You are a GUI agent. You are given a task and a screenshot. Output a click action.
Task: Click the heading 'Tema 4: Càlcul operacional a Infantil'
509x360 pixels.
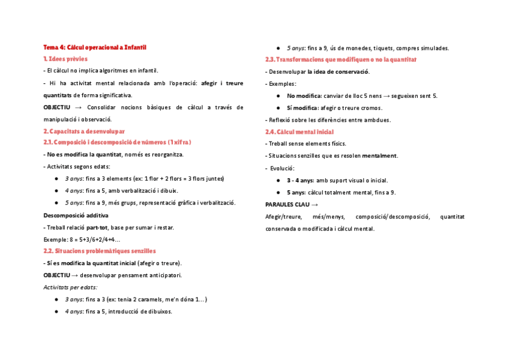[x=95, y=47]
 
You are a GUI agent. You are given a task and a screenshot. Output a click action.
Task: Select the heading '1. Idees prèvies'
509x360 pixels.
[x=65, y=59]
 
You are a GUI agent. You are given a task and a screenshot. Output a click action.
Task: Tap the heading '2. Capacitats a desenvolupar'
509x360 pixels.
[x=84, y=131]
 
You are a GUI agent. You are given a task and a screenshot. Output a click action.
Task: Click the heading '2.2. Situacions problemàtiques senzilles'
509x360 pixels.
[x=100, y=251]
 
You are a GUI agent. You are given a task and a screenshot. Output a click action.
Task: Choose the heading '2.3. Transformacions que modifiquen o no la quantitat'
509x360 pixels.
[x=341, y=59]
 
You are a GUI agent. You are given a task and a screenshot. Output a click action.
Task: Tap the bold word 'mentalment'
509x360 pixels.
[x=379, y=156]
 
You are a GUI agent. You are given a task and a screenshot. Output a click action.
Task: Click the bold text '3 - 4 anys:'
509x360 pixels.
[x=301, y=180]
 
